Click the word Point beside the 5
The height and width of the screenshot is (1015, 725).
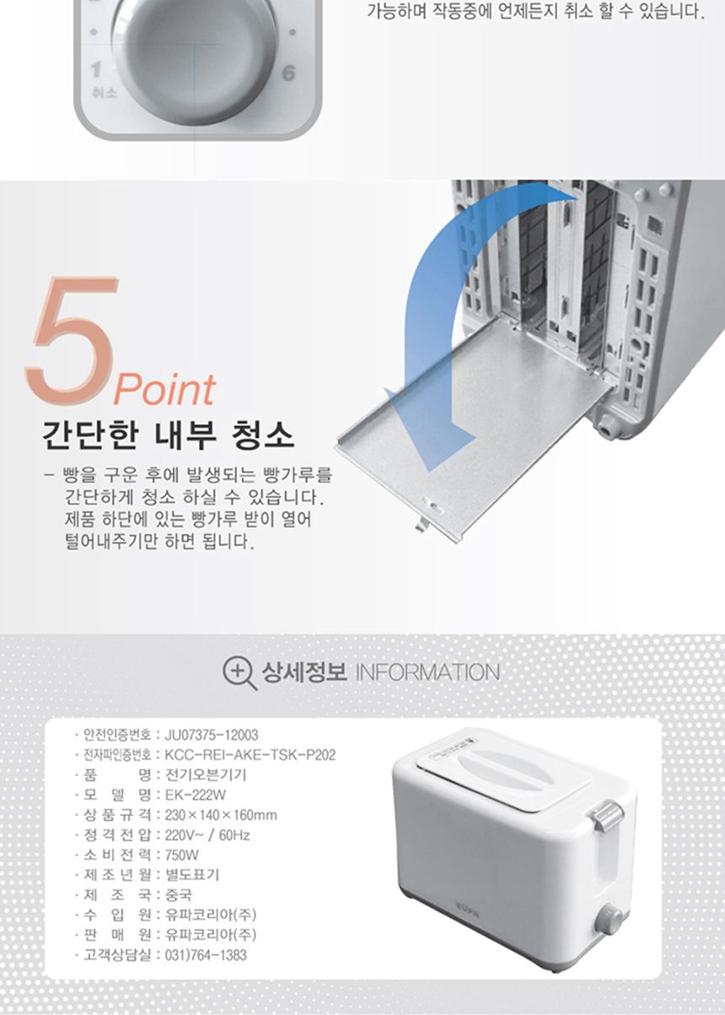click(x=164, y=390)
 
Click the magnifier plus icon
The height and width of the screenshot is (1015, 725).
click(x=239, y=672)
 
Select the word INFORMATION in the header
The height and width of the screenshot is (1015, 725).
click(x=427, y=672)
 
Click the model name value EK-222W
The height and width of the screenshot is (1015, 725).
click(x=196, y=795)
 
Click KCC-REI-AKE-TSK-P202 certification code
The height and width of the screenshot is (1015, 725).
click(x=250, y=754)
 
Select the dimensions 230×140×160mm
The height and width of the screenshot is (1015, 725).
click(x=221, y=815)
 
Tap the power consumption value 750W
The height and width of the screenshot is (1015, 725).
click(x=182, y=855)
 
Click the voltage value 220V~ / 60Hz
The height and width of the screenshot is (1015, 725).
click(x=207, y=835)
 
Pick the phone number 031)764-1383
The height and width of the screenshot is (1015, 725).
click(x=206, y=955)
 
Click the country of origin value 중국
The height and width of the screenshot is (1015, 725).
click(x=178, y=895)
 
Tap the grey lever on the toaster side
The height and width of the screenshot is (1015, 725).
click(x=608, y=815)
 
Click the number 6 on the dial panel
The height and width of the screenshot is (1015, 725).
click(x=288, y=73)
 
